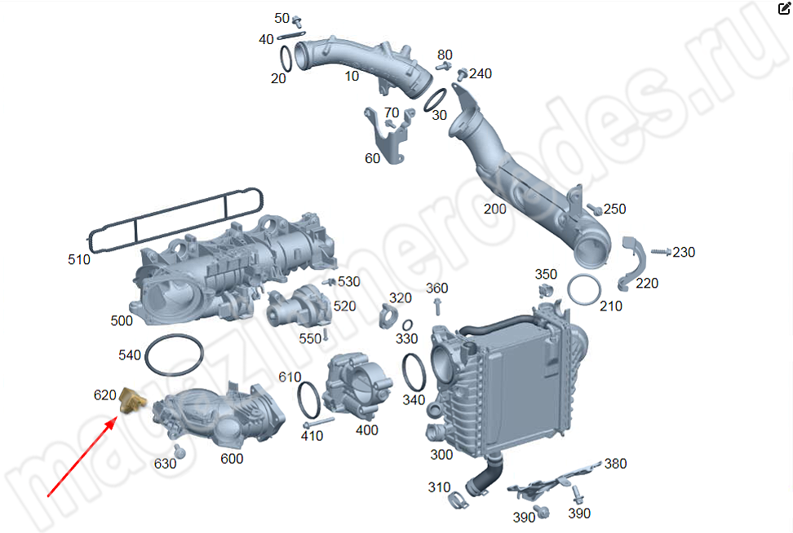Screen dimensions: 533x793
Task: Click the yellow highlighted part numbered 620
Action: pyautogui.click(x=131, y=400)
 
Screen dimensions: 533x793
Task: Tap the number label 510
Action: pyautogui.click(x=79, y=260)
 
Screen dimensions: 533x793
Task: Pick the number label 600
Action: pyautogui.click(x=232, y=459)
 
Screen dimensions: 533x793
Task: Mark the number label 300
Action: pyautogui.click(x=441, y=454)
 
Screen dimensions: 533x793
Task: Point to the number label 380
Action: pyautogui.click(x=615, y=464)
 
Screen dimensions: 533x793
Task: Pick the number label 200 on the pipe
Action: pyautogui.click(x=494, y=209)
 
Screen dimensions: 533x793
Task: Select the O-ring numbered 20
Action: pyautogui.click(x=286, y=59)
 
